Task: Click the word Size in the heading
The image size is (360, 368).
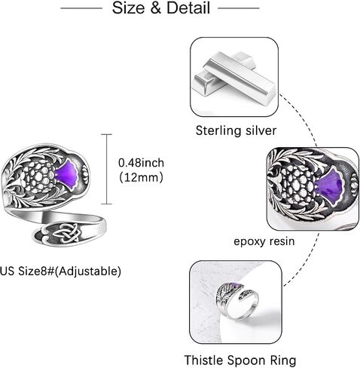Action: [x=128, y=8]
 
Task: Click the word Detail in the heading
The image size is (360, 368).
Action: [x=188, y=8]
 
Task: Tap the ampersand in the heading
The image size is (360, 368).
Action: [x=156, y=8]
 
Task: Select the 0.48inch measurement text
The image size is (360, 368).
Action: [x=141, y=163]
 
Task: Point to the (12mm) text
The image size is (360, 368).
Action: [x=141, y=177]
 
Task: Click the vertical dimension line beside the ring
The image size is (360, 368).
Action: [x=107, y=169]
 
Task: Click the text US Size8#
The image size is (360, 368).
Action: [x=27, y=271]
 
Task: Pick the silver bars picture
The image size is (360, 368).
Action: [x=234, y=77]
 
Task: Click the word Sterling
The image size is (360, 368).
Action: [x=217, y=130]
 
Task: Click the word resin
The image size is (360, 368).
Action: [x=282, y=241]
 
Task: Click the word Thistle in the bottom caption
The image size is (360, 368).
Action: [x=204, y=360]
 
